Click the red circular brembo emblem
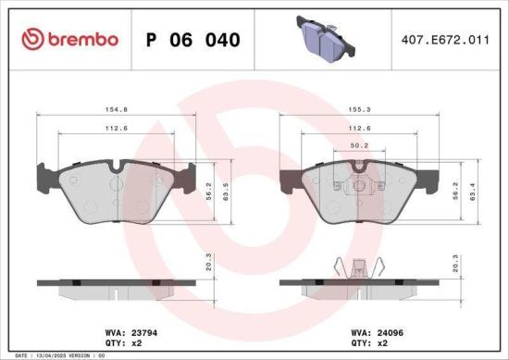tap(33, 39)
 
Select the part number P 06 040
tap(194, 40)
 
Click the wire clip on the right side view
tap(357, 267)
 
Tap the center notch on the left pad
tap(114, 168)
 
